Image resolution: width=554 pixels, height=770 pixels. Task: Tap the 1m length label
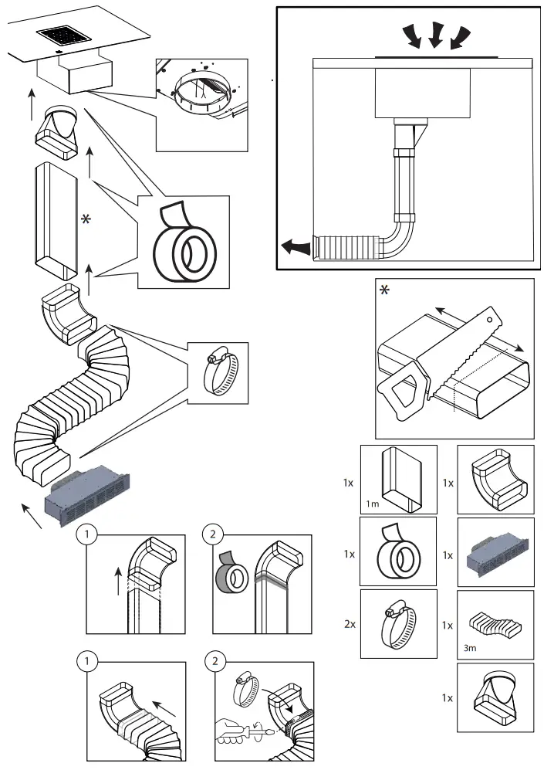coord(373,505)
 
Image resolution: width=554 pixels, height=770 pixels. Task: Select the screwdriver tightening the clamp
coord(239,728)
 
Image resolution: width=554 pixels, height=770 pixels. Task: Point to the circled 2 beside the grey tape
coord(212,534)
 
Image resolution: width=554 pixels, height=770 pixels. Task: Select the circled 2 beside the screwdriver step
coord(212,663)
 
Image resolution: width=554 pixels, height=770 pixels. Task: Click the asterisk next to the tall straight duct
coord(87,220)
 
